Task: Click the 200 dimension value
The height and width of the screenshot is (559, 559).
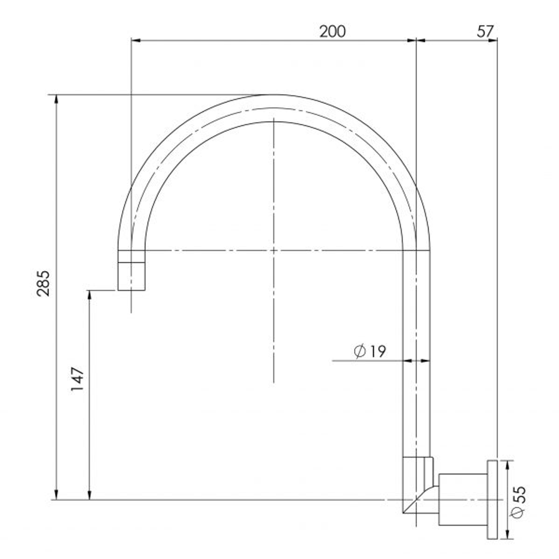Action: coord(332,32)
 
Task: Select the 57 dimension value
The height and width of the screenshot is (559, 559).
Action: coord(486,32)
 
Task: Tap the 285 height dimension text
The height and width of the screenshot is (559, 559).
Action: coord(43,284)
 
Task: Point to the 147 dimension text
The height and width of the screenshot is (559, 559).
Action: coord(77,378)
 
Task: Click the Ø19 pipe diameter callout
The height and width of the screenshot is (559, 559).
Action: coord(370,351)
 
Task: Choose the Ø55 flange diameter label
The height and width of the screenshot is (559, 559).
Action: coord(518,502)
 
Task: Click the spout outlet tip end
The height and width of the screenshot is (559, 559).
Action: coord(131,290)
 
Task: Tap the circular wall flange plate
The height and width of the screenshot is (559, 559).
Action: coord(492,499)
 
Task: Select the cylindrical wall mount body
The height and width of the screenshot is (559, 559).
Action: coord(463,499)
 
